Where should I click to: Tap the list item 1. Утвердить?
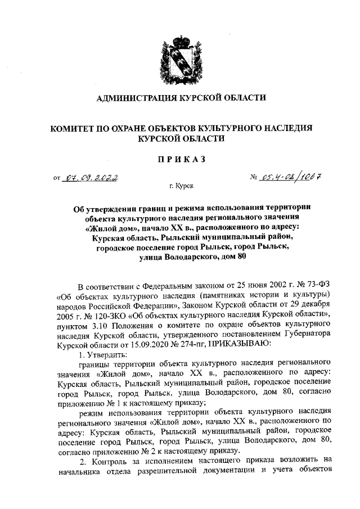click(x=103, y=354)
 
